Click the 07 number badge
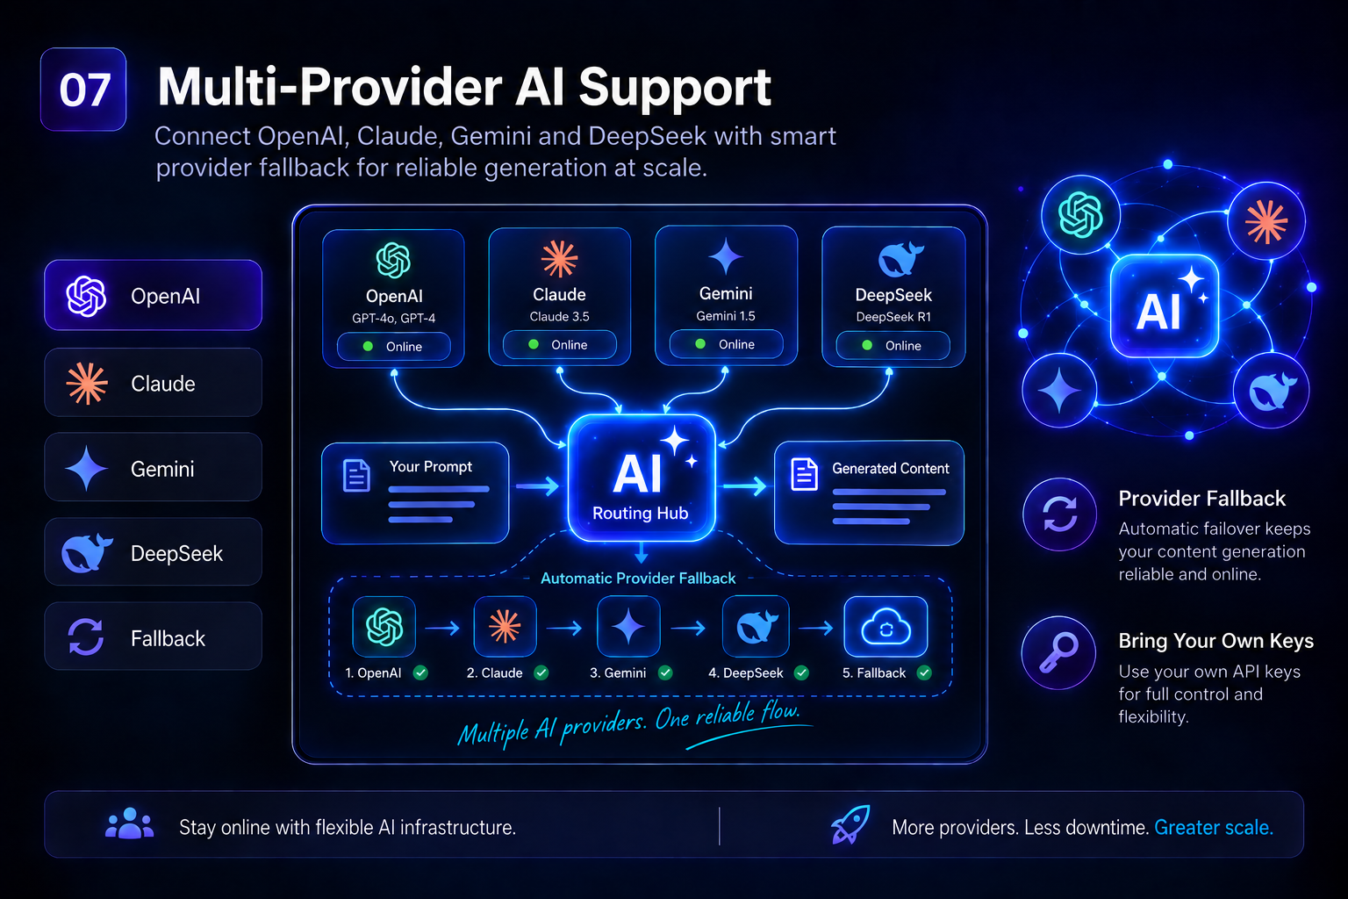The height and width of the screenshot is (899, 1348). (x=83, y=90)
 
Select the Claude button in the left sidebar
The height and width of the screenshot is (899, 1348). (x=153, y=383)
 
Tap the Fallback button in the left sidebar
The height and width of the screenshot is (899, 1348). (x=153, y=636)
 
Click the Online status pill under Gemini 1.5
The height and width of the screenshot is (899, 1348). (x=727, y=344)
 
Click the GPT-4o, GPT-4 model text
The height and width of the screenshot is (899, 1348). (x=393, y=318)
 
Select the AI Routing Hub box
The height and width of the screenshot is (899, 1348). (x=642, y=478)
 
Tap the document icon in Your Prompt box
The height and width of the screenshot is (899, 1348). (x=356, y=476)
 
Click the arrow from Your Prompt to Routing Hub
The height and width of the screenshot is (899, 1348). (x=537, y=485)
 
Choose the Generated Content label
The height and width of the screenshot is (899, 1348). (x=890, y=469)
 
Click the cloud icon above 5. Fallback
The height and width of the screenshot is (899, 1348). (x=886, y=627)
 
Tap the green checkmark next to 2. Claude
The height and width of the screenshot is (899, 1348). (x=541, y=672)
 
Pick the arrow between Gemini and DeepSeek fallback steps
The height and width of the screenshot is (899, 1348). (x=688, y=628)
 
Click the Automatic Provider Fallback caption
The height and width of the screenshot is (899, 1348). (x=638, y=578)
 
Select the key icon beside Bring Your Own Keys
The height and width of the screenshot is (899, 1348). (x=1058, y=652)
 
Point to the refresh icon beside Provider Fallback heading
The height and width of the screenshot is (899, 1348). (x=1060, y=514)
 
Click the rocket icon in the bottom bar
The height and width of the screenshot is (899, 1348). (x=850, y=824)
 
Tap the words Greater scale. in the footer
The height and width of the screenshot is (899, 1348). (x=1213, y=827)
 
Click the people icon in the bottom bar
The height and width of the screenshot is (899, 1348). (x=129, y=823)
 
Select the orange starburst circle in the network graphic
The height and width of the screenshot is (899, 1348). (x=1266, y=221)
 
